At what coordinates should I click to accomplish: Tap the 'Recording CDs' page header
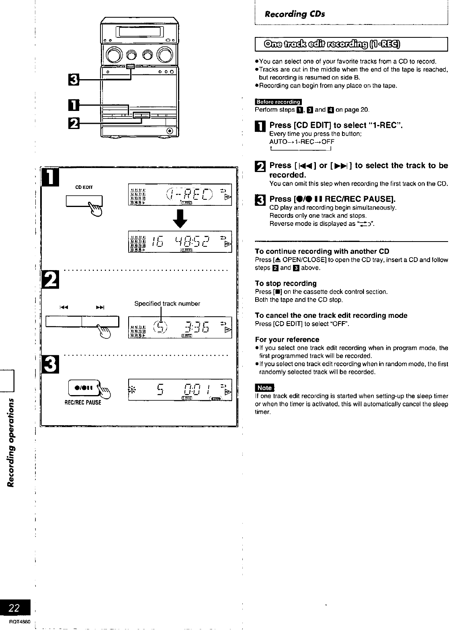point(294,14)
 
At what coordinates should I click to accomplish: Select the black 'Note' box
point(264,388)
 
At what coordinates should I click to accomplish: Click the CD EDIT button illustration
point(85,200)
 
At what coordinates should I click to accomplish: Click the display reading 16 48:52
point(179,242)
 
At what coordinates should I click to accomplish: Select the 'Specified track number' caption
point(167,304)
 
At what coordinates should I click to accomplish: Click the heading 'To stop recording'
point(286,283)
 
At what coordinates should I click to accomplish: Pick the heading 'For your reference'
point(287,340)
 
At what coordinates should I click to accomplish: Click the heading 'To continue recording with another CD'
point(322,252)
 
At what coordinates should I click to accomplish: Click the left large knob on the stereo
point(111,54)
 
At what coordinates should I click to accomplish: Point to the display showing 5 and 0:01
point(179,390)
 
